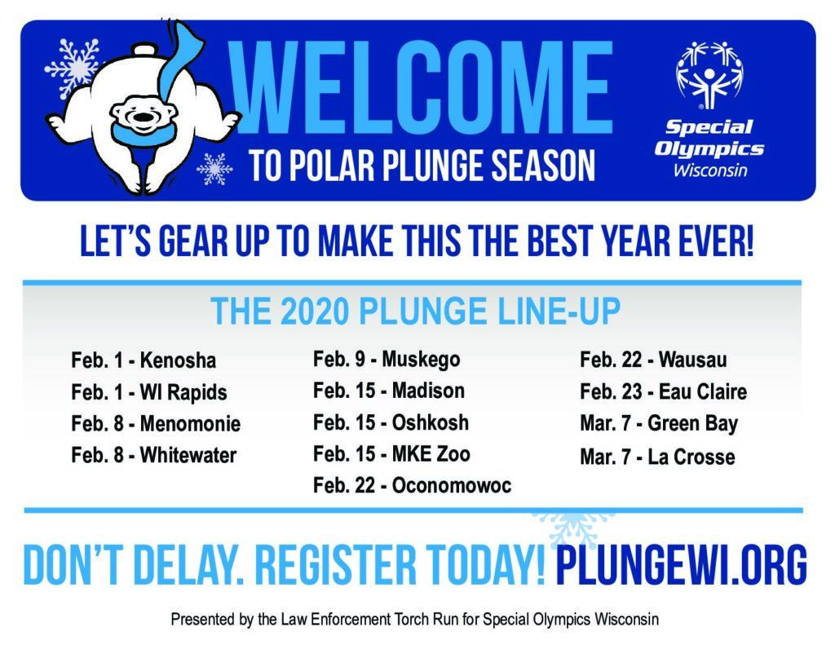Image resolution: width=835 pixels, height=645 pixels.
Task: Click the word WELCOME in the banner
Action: [x=422, y=87]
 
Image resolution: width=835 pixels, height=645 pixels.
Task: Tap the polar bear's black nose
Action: [x=143, y=117]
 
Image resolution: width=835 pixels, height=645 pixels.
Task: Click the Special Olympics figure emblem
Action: [x=709, y=75]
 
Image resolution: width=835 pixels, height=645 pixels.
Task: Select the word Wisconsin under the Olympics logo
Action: [x=710, y=170]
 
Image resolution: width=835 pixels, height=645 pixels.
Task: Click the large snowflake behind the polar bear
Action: [x=73, y=67]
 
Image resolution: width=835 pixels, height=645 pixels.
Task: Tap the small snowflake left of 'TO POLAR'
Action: [x=214, y=169]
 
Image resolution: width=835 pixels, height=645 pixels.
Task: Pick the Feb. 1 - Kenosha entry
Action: [x=144, y=360]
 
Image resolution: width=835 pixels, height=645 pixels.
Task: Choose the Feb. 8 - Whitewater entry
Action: [x=153, y=455]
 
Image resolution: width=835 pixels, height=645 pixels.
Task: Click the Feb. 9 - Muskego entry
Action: [x=386, y=360]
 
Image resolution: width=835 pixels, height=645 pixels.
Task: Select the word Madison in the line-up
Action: [x=428, y=391]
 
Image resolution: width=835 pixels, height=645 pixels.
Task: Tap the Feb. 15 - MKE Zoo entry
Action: [x=391, y=454]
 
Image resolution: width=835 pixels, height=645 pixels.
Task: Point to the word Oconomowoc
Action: [x=452, y=485]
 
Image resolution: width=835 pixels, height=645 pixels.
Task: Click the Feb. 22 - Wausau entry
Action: [x=653, y=360]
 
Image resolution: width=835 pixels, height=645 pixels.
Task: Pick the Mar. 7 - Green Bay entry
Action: [x=659, y=424]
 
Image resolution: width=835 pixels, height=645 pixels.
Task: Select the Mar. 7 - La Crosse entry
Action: [x=658, y=457]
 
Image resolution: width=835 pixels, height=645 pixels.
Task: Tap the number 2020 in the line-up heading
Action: [x=315, y=311]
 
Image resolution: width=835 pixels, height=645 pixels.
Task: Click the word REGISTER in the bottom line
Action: [x=335, y=565]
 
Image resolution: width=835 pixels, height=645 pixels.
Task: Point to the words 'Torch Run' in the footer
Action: [x=420, y=620]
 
